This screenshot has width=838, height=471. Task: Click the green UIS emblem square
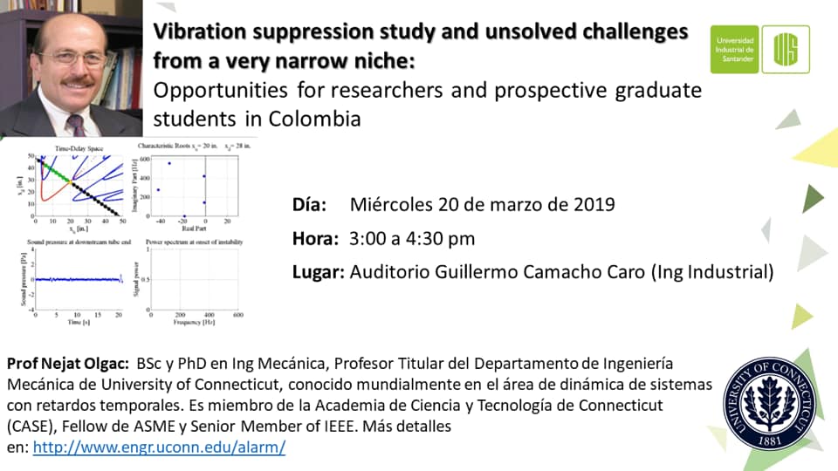pos(786,49)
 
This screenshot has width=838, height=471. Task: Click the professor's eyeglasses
pos(71,58)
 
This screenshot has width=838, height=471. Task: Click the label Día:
pos(309,205)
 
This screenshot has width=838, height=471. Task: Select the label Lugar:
pos(318,272)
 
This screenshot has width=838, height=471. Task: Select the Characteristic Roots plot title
pos(174,149)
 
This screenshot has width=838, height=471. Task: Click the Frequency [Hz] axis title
pos(196,321)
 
